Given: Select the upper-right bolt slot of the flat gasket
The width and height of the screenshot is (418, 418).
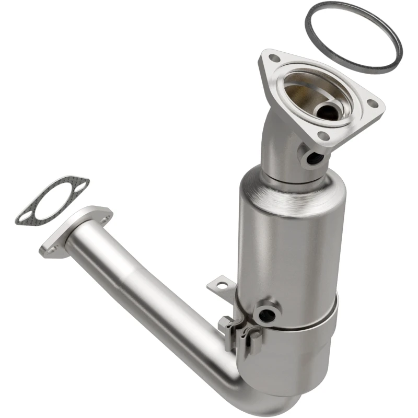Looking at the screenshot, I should pos(81,183).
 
